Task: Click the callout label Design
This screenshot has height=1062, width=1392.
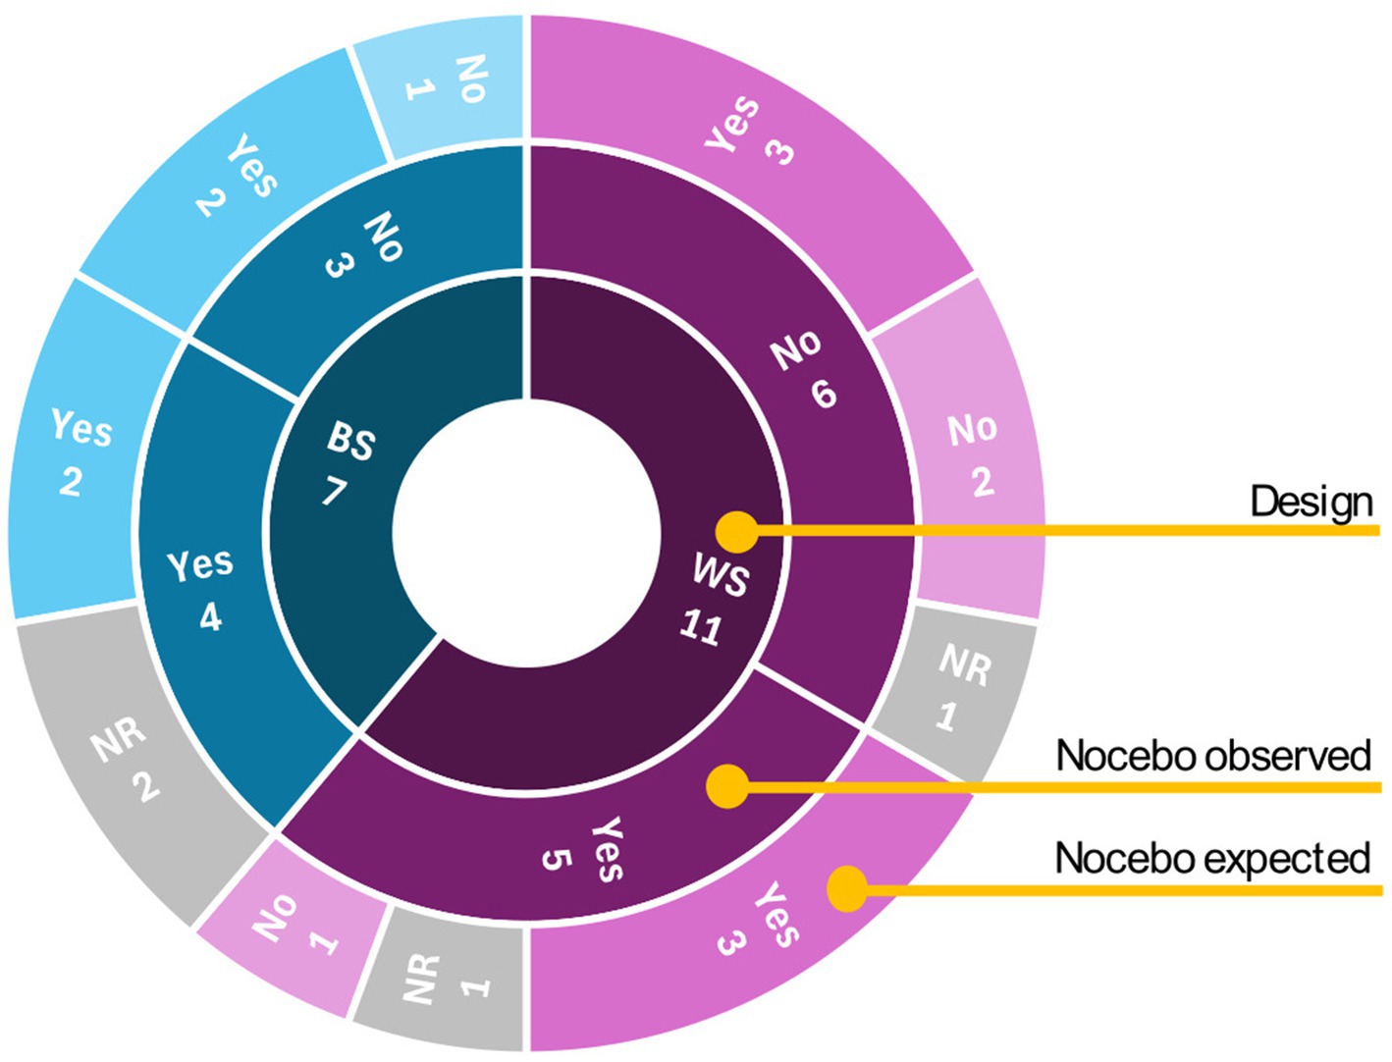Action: [1311, 503]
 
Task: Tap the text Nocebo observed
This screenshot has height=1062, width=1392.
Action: [1212, 756]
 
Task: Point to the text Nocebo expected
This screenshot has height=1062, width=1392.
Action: [1212, 859]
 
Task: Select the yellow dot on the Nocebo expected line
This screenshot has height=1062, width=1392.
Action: [847, 889]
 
